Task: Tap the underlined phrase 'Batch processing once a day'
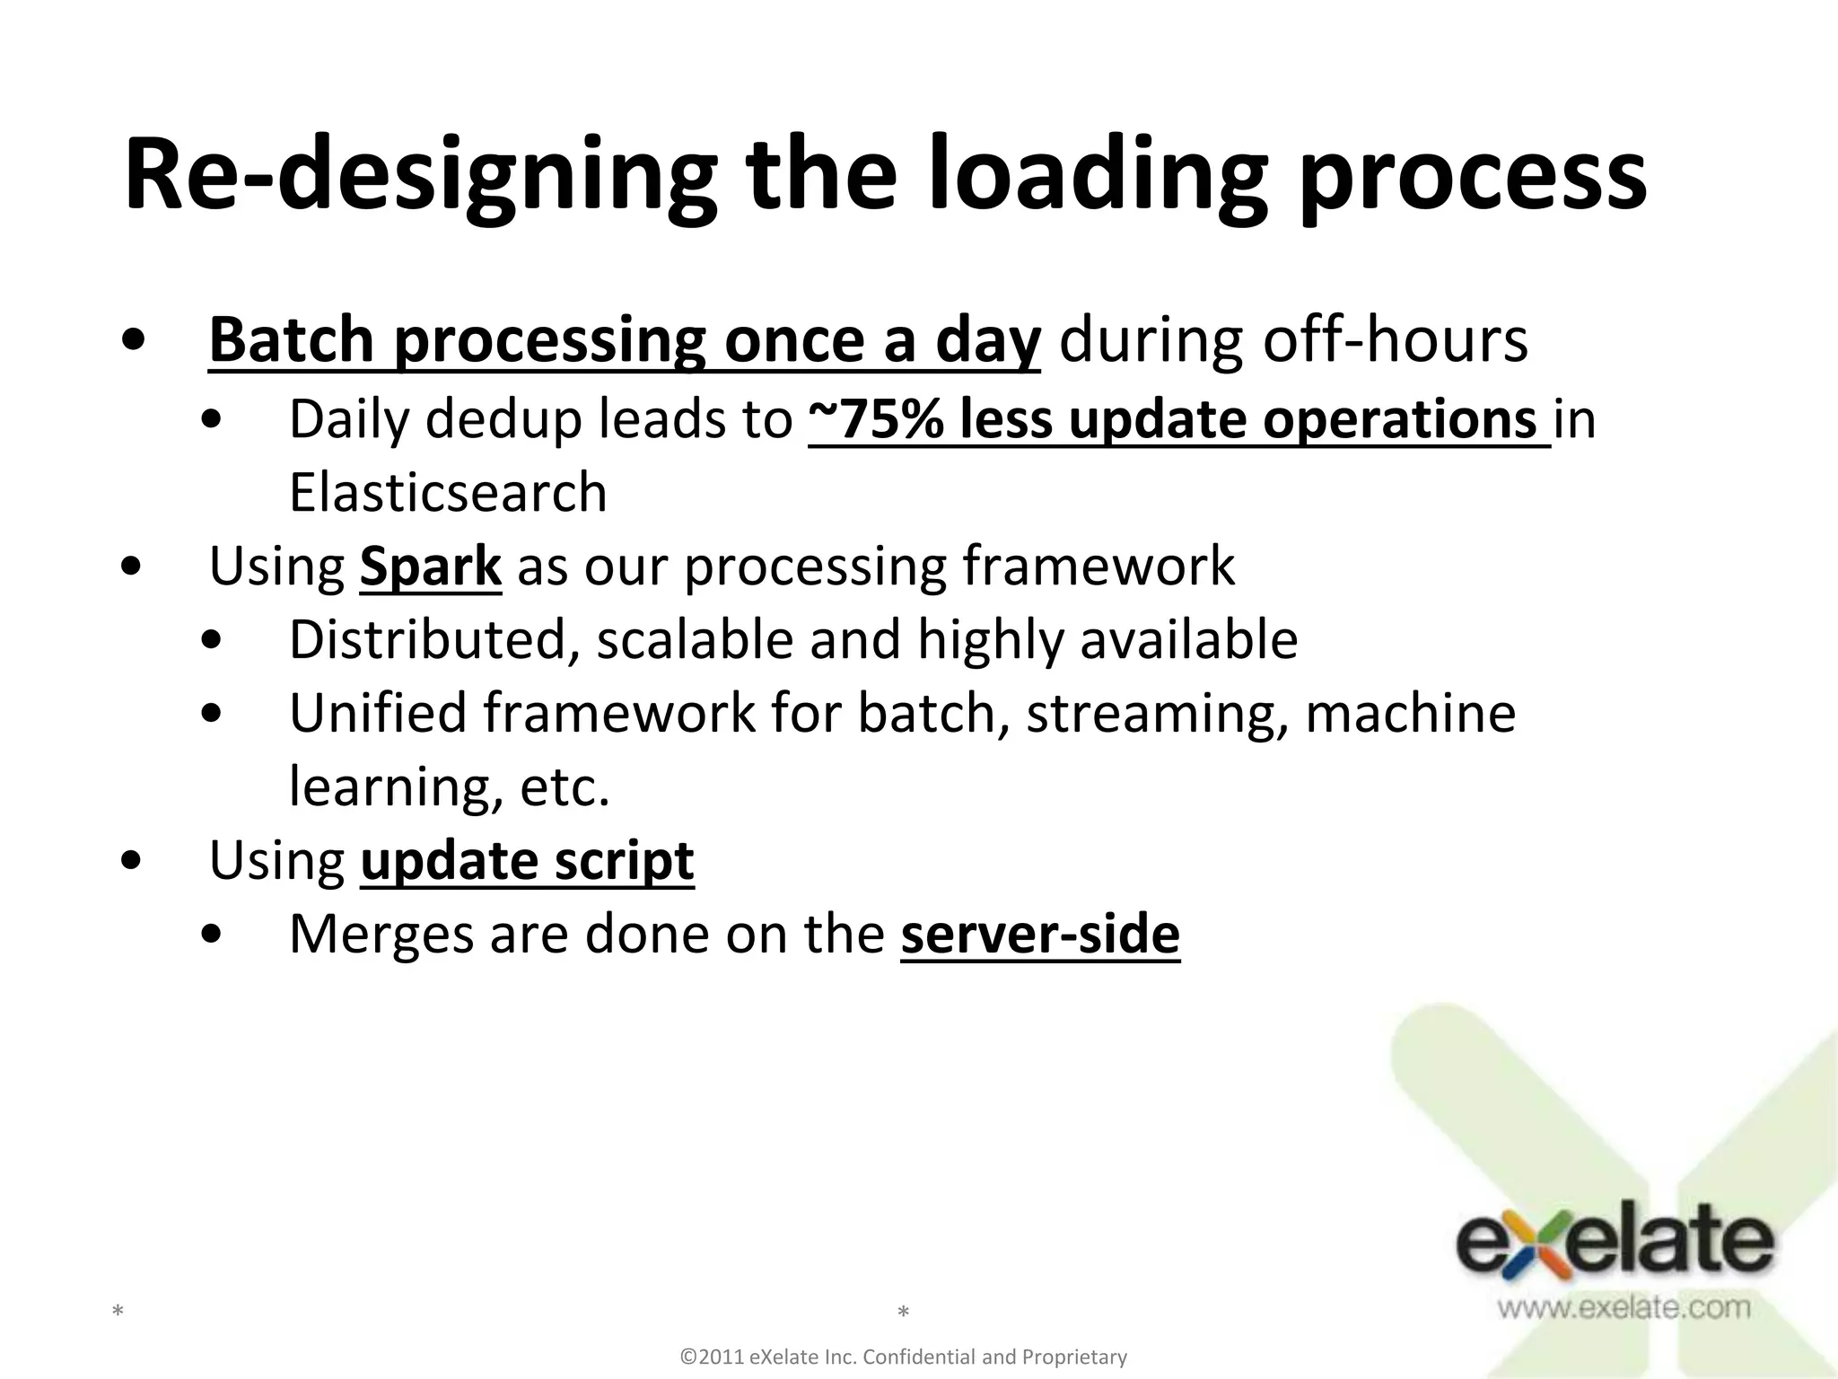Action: (x=624, y=341)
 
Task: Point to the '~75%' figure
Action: (x=875, y=419)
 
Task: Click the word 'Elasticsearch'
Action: (x=448, y=493)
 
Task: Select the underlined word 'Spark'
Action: (x=430, y=567)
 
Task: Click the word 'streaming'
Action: (x=1157, y=714)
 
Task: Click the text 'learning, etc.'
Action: (x=449, y=787)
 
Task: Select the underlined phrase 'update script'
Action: (x=527, y=861)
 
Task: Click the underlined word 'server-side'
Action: (x=1040, y=935)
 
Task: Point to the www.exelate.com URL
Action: (x=1623, y=1307)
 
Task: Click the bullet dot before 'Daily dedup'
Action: (x=212, y=420)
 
